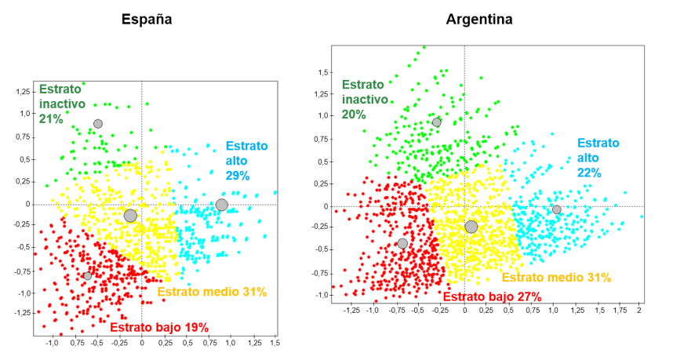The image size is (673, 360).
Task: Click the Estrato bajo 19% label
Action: pos(159,327)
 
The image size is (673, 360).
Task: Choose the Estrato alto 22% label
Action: pos(598,158)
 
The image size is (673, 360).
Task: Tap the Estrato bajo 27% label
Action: pos(492,296)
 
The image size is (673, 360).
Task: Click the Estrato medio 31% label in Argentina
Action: pos(556,278)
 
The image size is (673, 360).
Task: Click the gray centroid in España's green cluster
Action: pos(98,124)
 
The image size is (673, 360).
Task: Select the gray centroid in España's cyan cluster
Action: pos(222,205)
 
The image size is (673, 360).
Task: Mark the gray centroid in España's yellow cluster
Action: pos(130,216)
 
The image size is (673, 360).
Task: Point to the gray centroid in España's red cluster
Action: pos(87,276)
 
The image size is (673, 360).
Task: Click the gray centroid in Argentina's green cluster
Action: pos(437,122)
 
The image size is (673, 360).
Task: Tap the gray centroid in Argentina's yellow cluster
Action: pos(471,227)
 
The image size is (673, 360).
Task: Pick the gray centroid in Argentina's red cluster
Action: pos(402,243)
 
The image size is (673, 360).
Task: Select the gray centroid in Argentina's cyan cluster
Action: pos(556,209)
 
